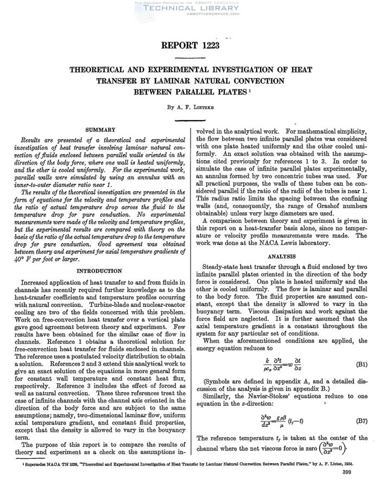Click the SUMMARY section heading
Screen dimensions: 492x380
(x=100, y=130)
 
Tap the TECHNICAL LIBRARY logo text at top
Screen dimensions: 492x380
(x=189, y=10)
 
